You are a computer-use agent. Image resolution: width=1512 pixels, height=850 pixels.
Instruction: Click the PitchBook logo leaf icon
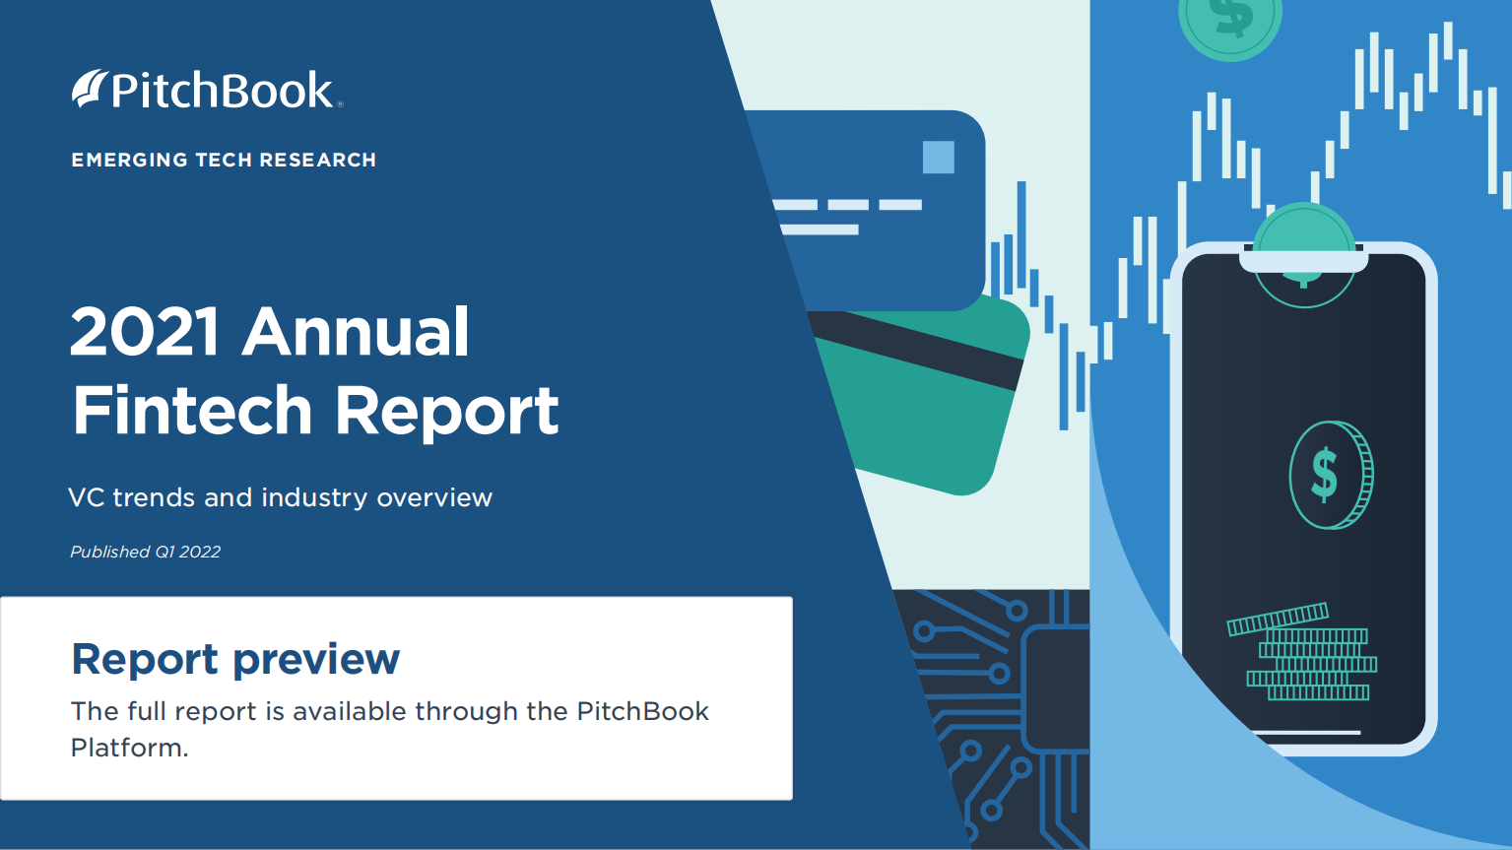tap(89, 89)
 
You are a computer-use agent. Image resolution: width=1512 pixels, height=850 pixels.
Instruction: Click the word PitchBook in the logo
tap(223, 91)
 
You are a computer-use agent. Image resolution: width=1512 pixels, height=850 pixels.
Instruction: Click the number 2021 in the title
tap(145, 332)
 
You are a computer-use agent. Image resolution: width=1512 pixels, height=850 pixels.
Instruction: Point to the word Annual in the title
tap(356, 332)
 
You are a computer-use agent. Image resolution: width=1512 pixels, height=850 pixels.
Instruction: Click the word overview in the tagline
tap(434, 497)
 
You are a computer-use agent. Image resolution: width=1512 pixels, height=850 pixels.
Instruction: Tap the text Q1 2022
tap(188, 552)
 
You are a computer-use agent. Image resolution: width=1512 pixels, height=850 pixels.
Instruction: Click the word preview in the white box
tap(316, 659)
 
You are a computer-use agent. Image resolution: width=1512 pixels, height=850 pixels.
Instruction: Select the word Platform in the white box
tap(127, 748)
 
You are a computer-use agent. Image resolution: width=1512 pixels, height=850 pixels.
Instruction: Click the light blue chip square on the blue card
tap(938, 158)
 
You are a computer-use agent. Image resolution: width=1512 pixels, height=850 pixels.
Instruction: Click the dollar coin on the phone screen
tap(1330, 475)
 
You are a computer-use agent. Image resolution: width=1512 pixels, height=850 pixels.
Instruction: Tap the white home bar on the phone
tap(1304, 732)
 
